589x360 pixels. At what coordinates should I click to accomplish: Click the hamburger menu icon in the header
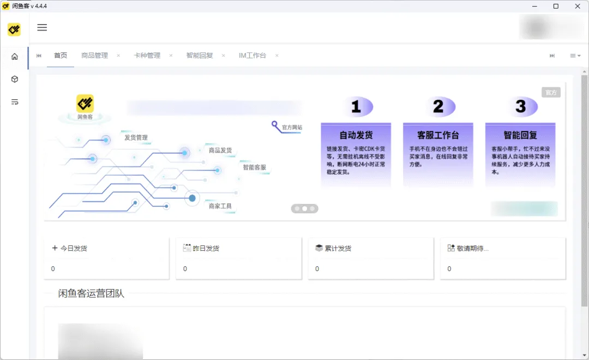click(42, 28)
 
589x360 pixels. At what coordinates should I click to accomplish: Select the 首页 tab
click(61, 56)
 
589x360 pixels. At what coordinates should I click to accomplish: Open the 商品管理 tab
click(94, 56)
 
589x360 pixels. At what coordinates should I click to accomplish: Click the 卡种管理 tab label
click(147, 56)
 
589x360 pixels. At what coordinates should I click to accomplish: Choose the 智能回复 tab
click(200, 56)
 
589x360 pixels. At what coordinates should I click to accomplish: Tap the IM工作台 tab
click(253, 56)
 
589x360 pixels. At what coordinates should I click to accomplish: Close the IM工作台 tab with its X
click(277, 56)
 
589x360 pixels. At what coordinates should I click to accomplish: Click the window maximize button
click(556, 6)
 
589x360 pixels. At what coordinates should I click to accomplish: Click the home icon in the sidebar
click(15, 56)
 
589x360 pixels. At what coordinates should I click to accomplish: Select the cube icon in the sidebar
click(15, 79)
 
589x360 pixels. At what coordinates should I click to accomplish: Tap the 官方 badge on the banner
click(551, 93)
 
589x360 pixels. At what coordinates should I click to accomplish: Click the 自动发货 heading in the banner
click(356, 135)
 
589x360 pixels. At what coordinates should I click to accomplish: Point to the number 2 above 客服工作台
click(438, 106)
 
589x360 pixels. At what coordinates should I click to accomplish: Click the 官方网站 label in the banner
click(292, 128)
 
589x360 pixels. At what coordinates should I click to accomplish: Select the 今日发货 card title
click(73, 248)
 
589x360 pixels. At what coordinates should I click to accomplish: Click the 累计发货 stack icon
click(319, 248)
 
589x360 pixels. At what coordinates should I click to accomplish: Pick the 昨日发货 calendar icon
click(187, 248)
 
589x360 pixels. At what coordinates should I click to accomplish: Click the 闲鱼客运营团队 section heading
click(91, 293)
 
